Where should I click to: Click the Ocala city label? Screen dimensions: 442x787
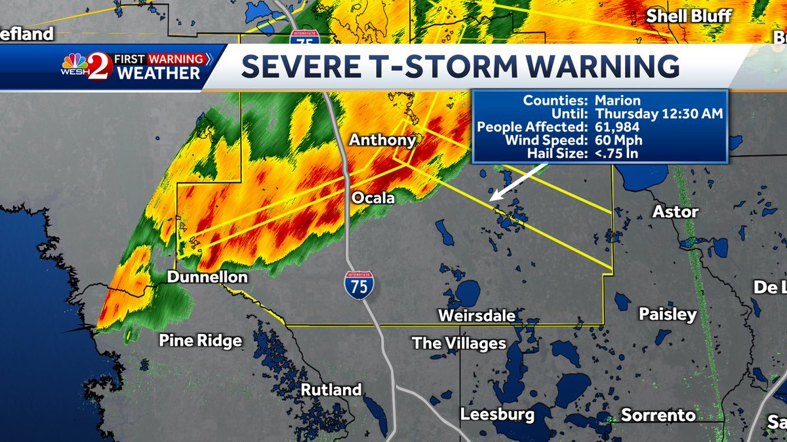point(373,197)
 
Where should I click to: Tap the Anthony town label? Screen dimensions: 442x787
point(382,140)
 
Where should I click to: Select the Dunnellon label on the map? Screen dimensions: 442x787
point(207,278)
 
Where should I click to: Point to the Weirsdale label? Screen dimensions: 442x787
point(476,316)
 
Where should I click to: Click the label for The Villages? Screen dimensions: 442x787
point(459,343)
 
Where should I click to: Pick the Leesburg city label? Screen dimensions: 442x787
point(497,414)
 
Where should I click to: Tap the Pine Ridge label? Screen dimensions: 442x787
point(201,341)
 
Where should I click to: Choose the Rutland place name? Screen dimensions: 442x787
point(331,390)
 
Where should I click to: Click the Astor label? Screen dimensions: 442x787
point(676,212)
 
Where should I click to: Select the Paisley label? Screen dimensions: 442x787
point(668,314)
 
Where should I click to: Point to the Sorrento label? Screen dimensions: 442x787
point(658,415)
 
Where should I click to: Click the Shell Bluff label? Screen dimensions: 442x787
point(689,16)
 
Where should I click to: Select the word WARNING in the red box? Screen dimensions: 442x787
point(175,59)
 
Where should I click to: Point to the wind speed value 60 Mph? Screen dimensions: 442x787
point(618,140)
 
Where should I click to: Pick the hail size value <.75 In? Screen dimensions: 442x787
point(616,154)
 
